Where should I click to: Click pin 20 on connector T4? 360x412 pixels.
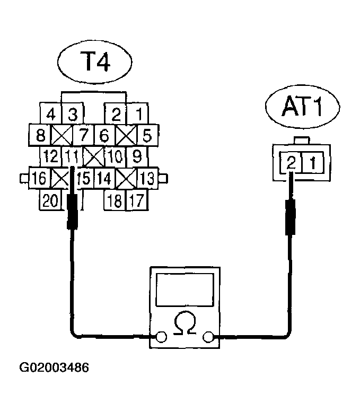[51, 200]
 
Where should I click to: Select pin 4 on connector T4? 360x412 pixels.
[51, 113]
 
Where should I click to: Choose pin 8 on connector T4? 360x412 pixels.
[40, 135]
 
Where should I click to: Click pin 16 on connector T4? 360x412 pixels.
[38, 178]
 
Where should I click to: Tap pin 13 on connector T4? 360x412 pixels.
[148, 178]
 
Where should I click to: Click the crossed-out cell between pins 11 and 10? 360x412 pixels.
[94, 157]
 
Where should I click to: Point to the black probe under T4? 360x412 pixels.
[72, 212]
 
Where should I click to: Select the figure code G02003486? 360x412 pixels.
[54, 367]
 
